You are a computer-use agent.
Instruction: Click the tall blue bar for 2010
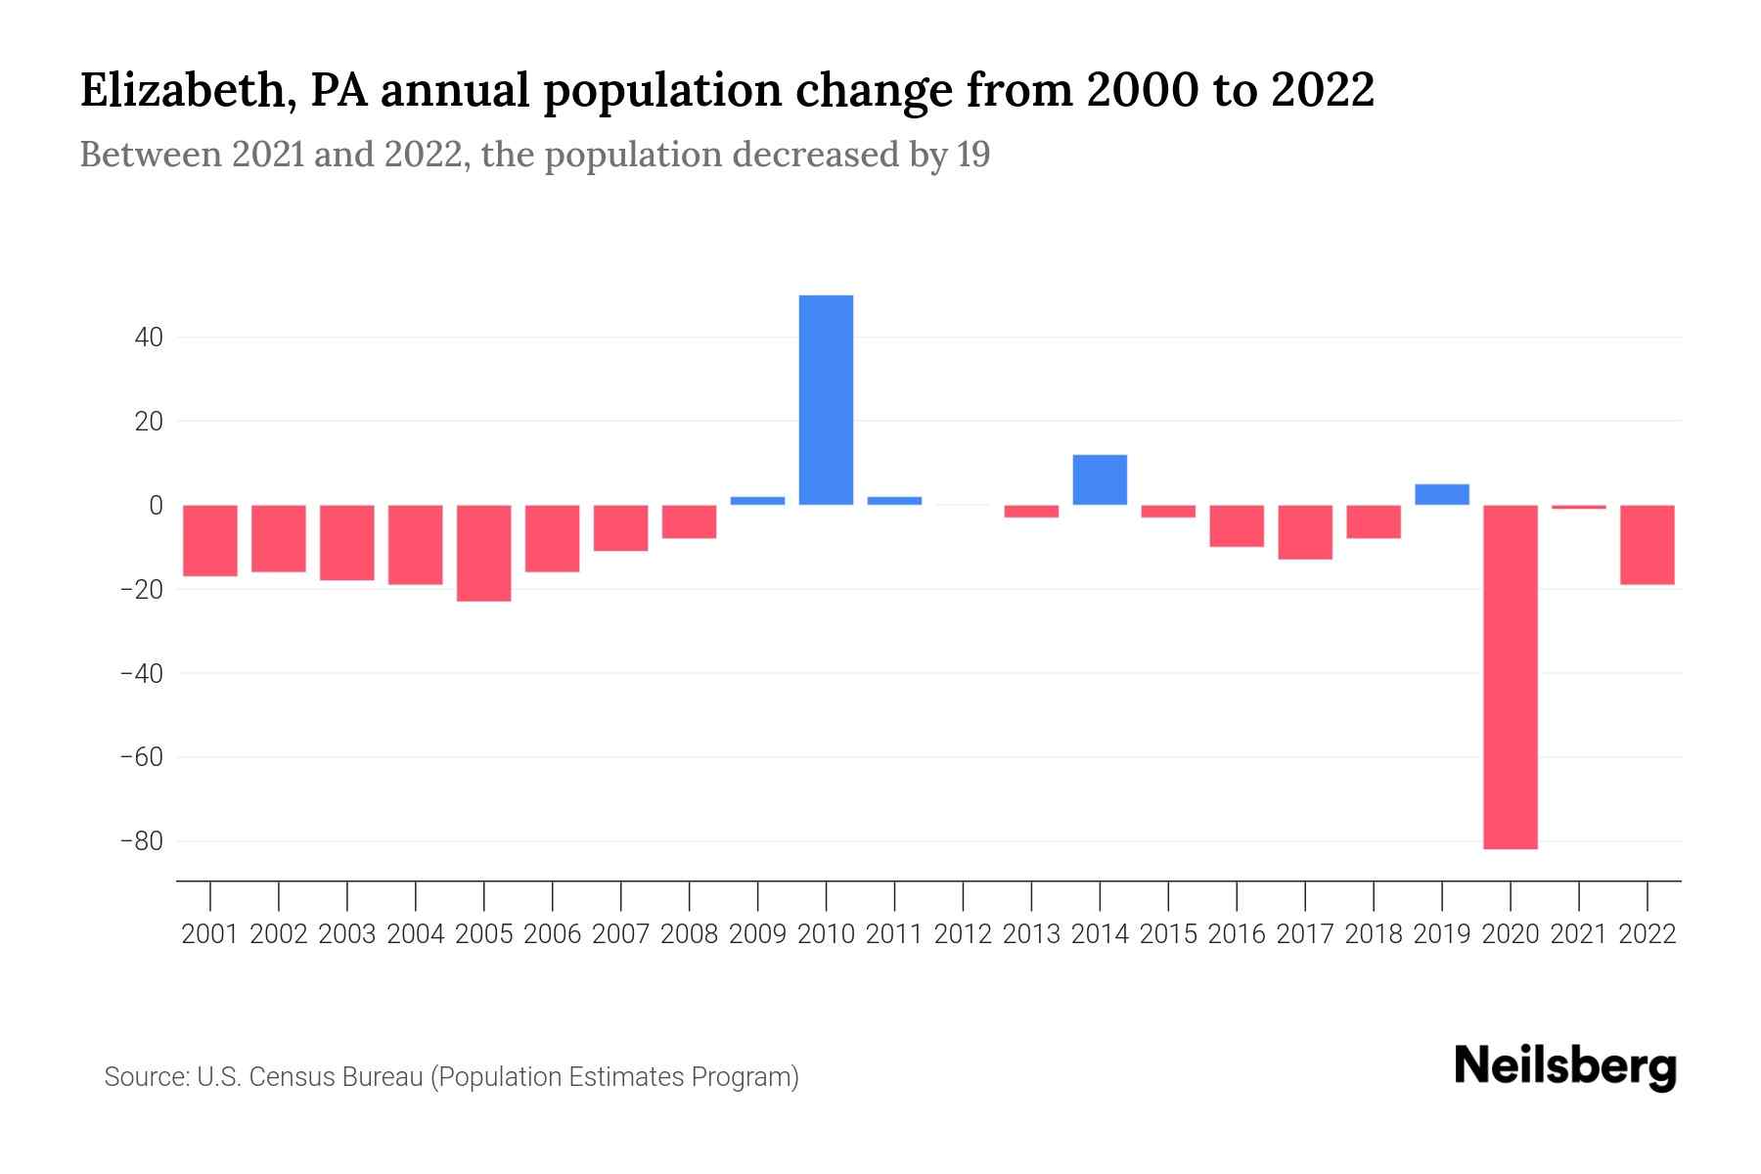(826, 399)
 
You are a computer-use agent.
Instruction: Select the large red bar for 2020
(1510, 677)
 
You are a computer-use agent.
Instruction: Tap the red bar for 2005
(484, 553)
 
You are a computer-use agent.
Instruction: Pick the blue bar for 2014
(1100, 479)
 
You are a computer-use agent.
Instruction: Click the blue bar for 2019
(1441, 494)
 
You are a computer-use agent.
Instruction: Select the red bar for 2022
(1647, 545)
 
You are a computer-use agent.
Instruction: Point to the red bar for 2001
(210, 540)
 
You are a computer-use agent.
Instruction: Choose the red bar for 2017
(1305, 532)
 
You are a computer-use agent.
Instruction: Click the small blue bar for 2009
(757, 500)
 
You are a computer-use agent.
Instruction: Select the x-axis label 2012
(963, 934)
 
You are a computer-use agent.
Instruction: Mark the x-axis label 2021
(1578, 934)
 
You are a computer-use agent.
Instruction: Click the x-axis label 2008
(689, 934)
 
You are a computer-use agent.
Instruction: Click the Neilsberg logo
(1565, 1067)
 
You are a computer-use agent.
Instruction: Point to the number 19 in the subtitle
(972, 155)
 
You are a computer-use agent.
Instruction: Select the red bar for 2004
(416, 545)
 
